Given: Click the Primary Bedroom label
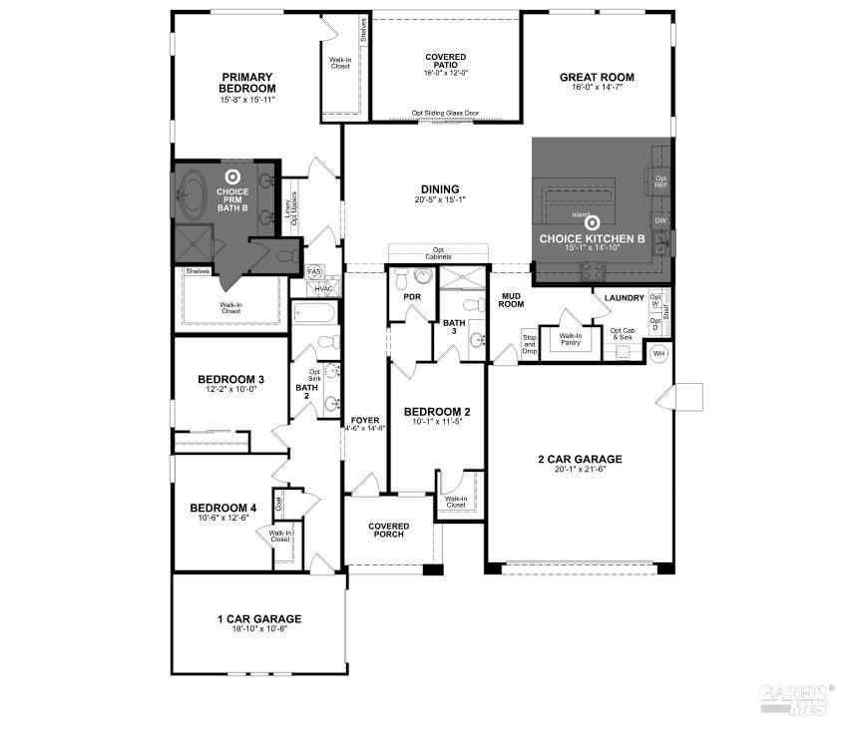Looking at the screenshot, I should (247, 83).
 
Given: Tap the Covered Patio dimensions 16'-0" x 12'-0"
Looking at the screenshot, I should (445, 72).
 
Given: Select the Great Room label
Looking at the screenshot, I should (597, 77).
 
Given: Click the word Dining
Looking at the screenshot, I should (440, 189).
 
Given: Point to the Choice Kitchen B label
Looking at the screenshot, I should (592, 239).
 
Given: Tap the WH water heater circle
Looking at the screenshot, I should (658, 353).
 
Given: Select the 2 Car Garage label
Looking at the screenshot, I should (580, 459).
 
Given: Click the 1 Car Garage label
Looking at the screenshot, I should (259, 618).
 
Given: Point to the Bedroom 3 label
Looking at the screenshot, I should (230, 379).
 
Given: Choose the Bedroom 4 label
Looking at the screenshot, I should (223, 508).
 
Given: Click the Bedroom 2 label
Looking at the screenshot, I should (437, 411).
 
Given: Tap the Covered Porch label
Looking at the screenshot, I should (388, 530).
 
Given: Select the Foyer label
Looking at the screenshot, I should (364, 419).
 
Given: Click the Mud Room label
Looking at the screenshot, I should (511, 299).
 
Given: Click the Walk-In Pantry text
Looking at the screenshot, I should (571, 339).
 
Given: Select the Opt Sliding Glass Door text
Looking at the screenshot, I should (445, 113).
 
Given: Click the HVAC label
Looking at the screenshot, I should (323, 289).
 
